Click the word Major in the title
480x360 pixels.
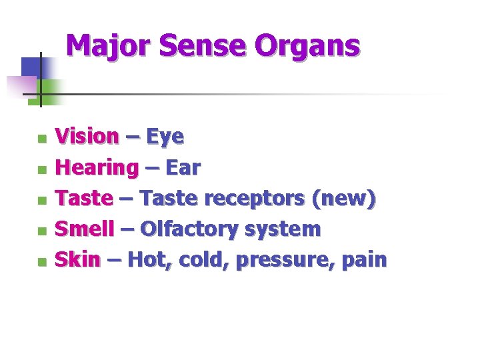coord(110,46)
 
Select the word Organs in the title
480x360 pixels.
coord(308,47)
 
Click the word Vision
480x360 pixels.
coord(87,137)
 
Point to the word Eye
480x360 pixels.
coord(165,138)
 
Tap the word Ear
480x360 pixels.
coord(183,168)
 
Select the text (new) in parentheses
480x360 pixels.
coord(344,199)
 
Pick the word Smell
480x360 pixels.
coord(83,229)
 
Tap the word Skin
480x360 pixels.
coord(77,259)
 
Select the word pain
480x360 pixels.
coord(363,259)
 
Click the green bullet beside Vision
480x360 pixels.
coord(42,139)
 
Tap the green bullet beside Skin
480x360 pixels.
coord(42,262)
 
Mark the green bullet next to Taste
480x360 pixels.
coord(42,201)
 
